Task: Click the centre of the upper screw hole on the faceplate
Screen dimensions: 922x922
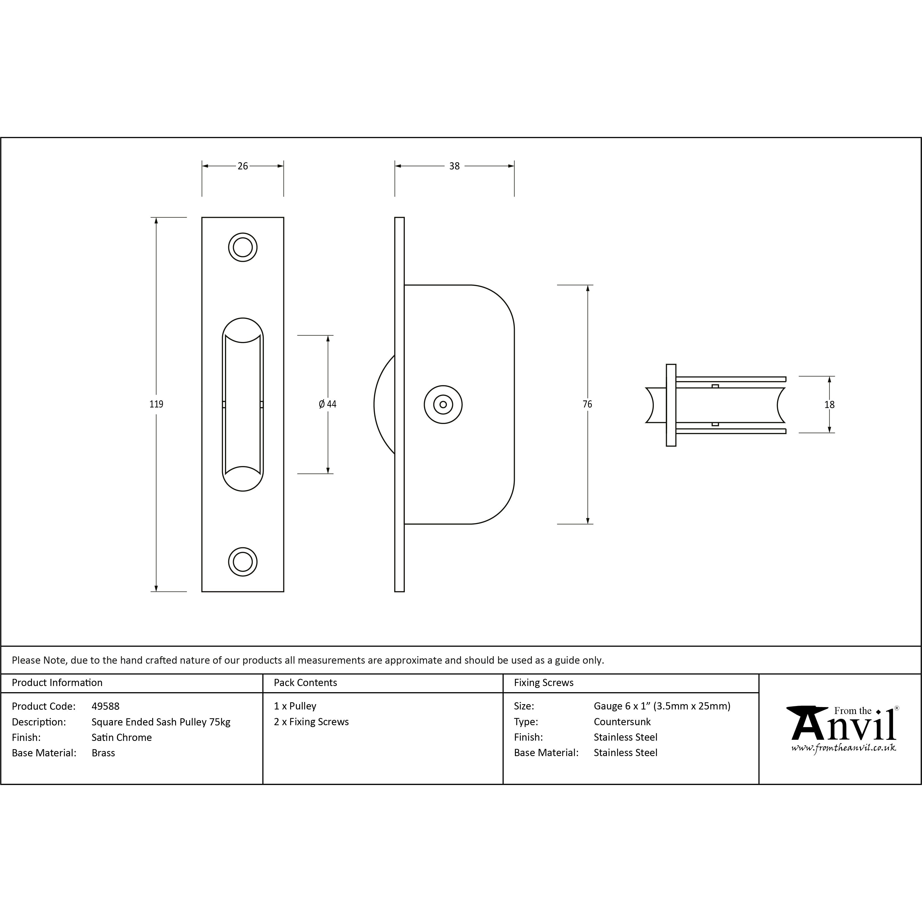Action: (243, 247)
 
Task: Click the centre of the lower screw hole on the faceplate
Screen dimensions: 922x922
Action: (243, 562)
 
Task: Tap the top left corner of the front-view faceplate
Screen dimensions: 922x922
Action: (202, 218)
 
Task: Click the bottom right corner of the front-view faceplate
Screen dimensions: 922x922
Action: (284, 592)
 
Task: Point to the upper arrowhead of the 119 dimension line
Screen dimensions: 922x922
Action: (156, 218)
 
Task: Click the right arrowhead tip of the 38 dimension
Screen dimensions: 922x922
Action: (514, 166)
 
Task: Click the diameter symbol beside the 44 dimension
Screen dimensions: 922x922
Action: (322, 404)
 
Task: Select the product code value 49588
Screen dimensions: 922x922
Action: (105, 706)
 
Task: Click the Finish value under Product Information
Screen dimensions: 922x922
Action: (122, 737)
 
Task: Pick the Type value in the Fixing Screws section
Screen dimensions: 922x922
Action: (622, 721)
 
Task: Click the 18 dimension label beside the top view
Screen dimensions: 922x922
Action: (829, 405)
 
